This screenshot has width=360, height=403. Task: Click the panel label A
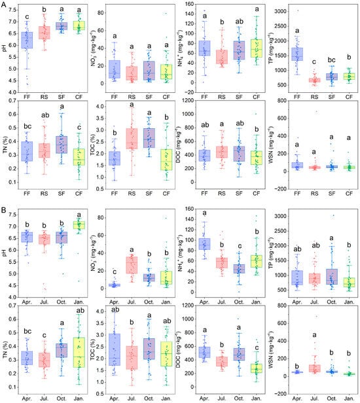click(x=4, y=5)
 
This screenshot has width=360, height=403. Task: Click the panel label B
click(x=4, y=209)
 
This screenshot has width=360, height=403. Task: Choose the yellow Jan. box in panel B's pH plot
click(x=79, y=226)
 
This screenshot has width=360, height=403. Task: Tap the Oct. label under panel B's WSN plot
click(x=319, y=396)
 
